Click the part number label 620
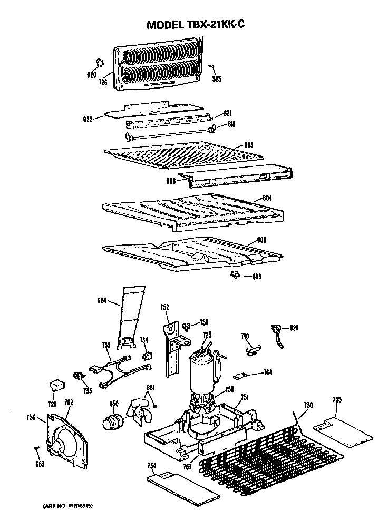[x=91, y=75]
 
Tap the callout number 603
[x=249, y=144]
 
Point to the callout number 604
[x=267, y=198]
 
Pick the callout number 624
[x=102, y=301]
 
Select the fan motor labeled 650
[x=112, y=421]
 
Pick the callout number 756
[x=31, y=418]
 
